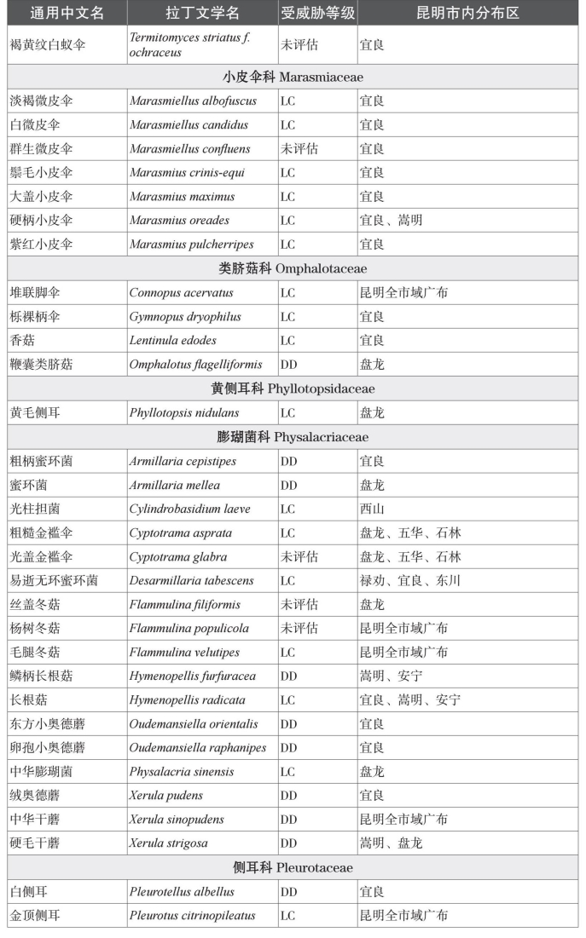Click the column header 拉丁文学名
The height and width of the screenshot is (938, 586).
coord(202,14)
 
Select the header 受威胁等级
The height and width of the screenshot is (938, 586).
coord(317,14)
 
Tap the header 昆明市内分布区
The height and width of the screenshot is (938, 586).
coord(467,14)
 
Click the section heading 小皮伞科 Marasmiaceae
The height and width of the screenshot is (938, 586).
coord(293,77)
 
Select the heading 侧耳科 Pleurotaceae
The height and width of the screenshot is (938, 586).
coord(293,867)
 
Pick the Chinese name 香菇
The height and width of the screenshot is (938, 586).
coord(23,341)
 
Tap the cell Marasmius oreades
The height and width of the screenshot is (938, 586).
coord(179,221)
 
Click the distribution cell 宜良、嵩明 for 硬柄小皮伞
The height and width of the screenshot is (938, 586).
coord(391,221)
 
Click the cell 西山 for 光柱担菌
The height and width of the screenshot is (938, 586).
coord(372,509)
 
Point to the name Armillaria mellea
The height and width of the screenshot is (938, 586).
coord(175,486)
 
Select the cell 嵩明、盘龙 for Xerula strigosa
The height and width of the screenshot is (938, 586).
coord(391,843)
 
